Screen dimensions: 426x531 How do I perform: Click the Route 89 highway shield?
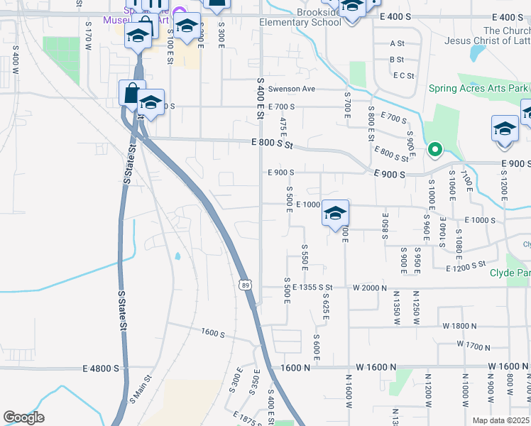point(244,284)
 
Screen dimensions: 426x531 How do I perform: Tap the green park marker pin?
point(434,150)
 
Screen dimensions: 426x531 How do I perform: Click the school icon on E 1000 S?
point(336,212)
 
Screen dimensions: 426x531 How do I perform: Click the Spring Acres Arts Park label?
point(478,89)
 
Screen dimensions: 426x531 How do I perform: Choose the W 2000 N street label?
point(370,288)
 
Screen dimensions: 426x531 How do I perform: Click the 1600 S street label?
point(212,332)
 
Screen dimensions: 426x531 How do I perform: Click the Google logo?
point(23,417)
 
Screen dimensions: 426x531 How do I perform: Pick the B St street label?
point(397,60)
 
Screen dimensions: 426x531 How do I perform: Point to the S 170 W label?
point(89,35)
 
